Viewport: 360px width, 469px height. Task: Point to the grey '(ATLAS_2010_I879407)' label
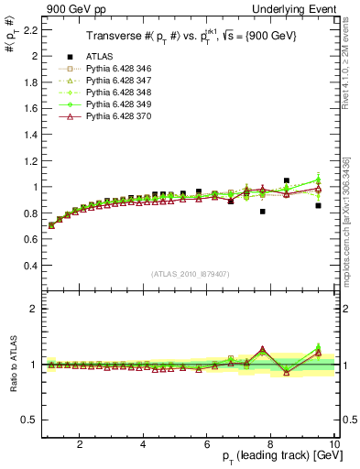click(x=190, y=275)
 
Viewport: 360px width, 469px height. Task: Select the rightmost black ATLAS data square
click(x=318, y=205)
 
